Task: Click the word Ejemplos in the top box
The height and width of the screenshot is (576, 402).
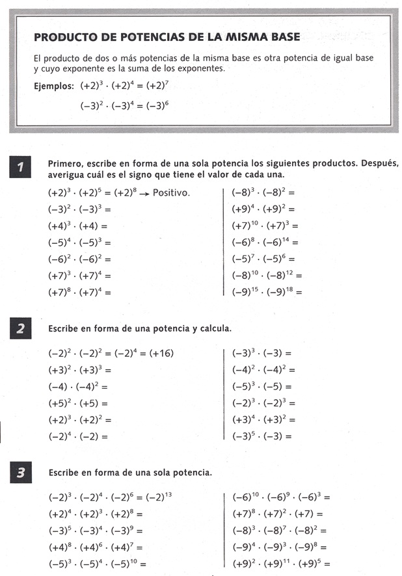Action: point(54,85)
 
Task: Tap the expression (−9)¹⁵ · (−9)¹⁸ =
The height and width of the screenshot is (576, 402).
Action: point(267,292)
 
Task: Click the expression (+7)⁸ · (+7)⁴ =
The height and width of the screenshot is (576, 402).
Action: point(79,292)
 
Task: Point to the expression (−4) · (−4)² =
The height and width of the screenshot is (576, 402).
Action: point(77,386)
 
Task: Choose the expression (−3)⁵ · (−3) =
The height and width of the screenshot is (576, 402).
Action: point(261,436)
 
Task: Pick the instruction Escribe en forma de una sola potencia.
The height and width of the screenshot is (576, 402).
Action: point(130,473)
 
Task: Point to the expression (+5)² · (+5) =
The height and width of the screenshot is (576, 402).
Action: point(77,403)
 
